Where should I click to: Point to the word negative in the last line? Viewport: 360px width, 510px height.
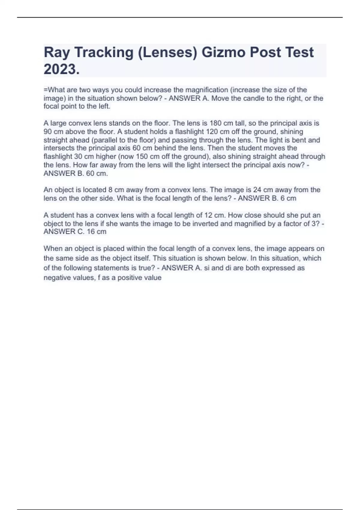(56, 277)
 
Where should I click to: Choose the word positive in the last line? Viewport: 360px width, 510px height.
(130, 277)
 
